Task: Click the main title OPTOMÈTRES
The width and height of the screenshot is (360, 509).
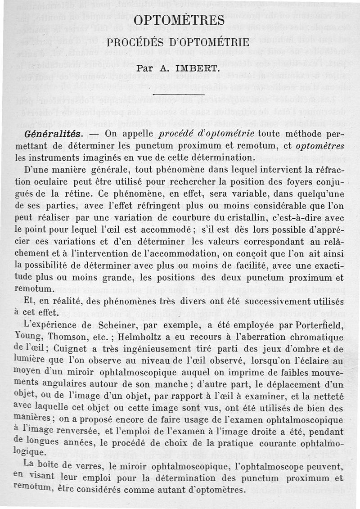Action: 180,20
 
